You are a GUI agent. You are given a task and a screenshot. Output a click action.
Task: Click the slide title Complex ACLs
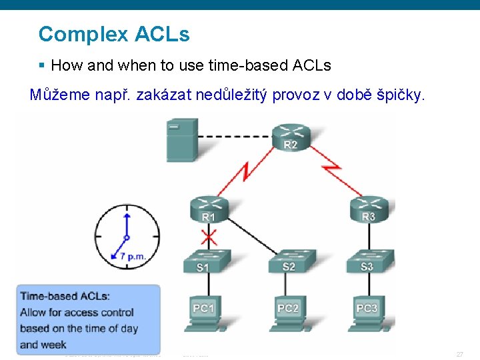[114, 34]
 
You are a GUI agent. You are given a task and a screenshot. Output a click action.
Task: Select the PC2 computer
[287, 313]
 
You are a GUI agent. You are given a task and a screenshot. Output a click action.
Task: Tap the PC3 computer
[367, 313]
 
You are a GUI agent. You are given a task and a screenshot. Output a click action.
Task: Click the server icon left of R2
[182, 139]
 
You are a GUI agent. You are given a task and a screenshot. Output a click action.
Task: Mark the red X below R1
[209, 237]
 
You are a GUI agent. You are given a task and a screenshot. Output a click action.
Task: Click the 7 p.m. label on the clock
[133, 256]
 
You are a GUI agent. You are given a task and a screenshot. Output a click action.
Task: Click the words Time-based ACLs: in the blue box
[65, 296]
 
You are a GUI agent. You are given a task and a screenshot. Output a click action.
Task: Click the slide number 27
[459, 354]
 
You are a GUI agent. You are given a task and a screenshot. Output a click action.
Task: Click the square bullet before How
[41, 65]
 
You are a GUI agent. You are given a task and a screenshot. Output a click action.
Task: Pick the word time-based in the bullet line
[253, 65]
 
